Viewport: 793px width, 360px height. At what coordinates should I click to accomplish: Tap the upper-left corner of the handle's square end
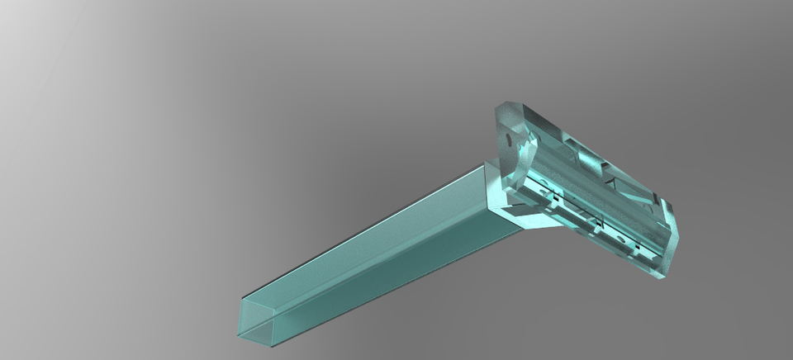click(x=242, y=298)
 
